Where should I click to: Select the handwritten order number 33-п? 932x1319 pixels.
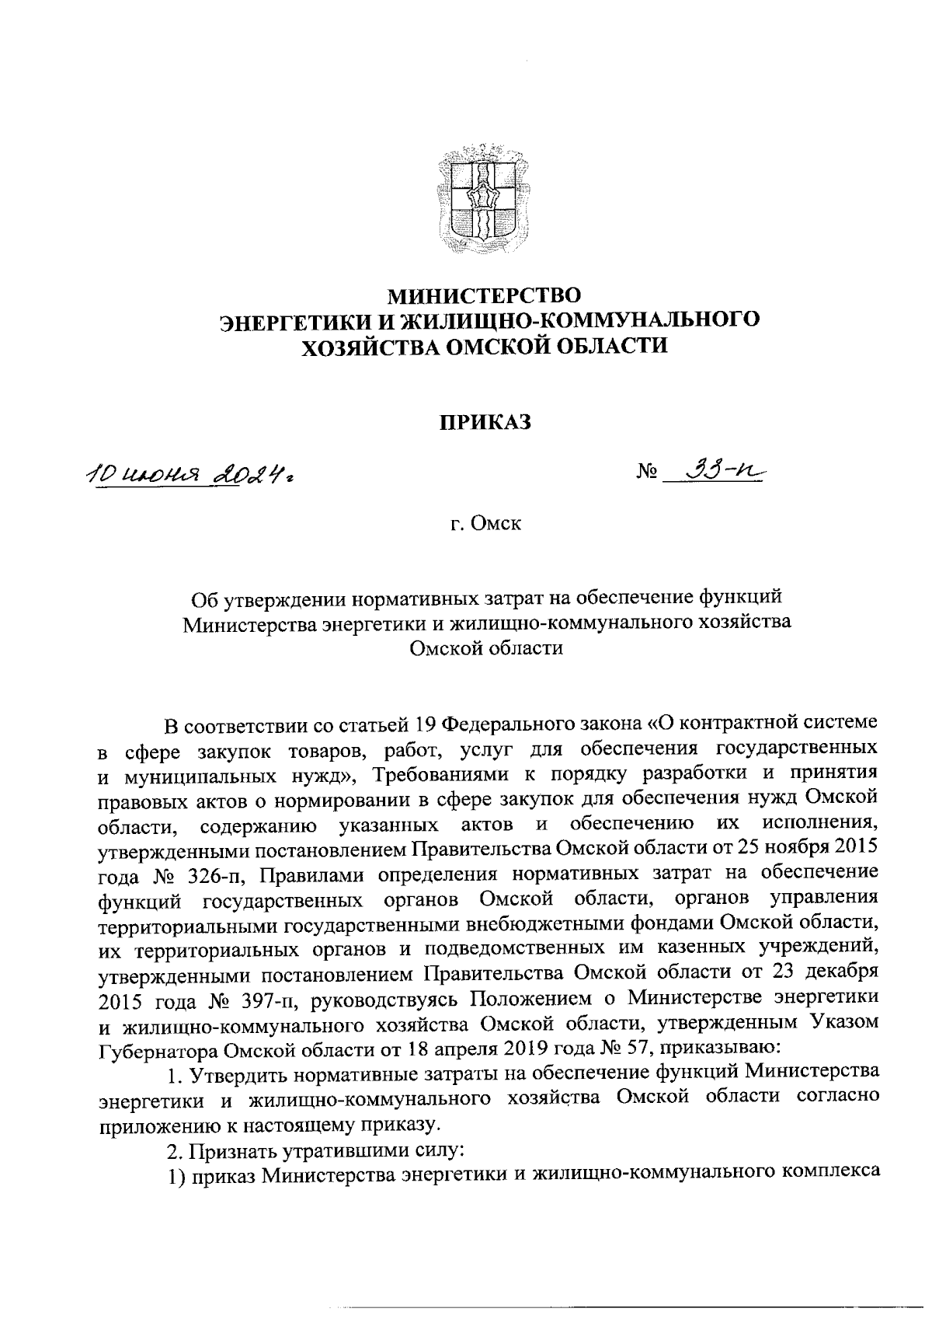tap(718, 469)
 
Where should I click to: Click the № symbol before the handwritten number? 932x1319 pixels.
tap(649, 472)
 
